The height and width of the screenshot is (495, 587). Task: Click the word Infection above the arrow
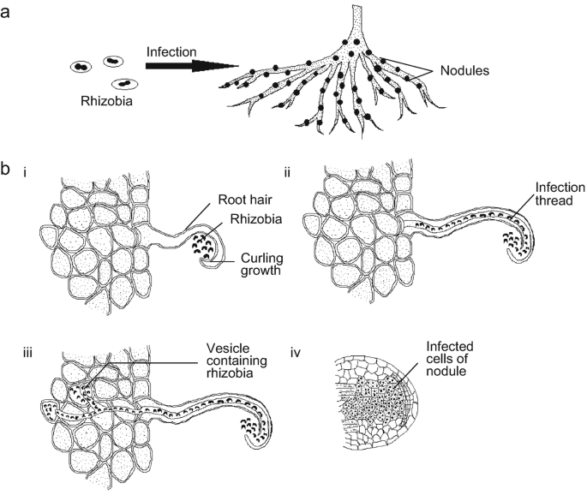(x=171, y=51)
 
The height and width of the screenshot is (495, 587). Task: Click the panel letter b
(x=6, y=170)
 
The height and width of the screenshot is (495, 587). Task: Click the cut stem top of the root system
(x=351, y=10)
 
